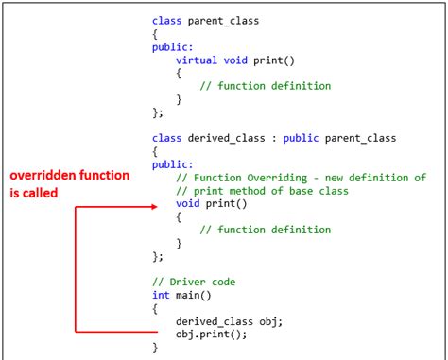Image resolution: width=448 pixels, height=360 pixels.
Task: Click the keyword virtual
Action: [x=196, y=60]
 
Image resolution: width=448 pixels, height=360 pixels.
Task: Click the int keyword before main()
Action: [x=161, y=295]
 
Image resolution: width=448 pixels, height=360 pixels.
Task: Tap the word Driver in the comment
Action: [x=188, y=282]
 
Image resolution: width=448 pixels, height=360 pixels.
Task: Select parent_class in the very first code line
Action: [x=222, y=20]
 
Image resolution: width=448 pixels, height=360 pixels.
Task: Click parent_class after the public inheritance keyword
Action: [x=360, y=138]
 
